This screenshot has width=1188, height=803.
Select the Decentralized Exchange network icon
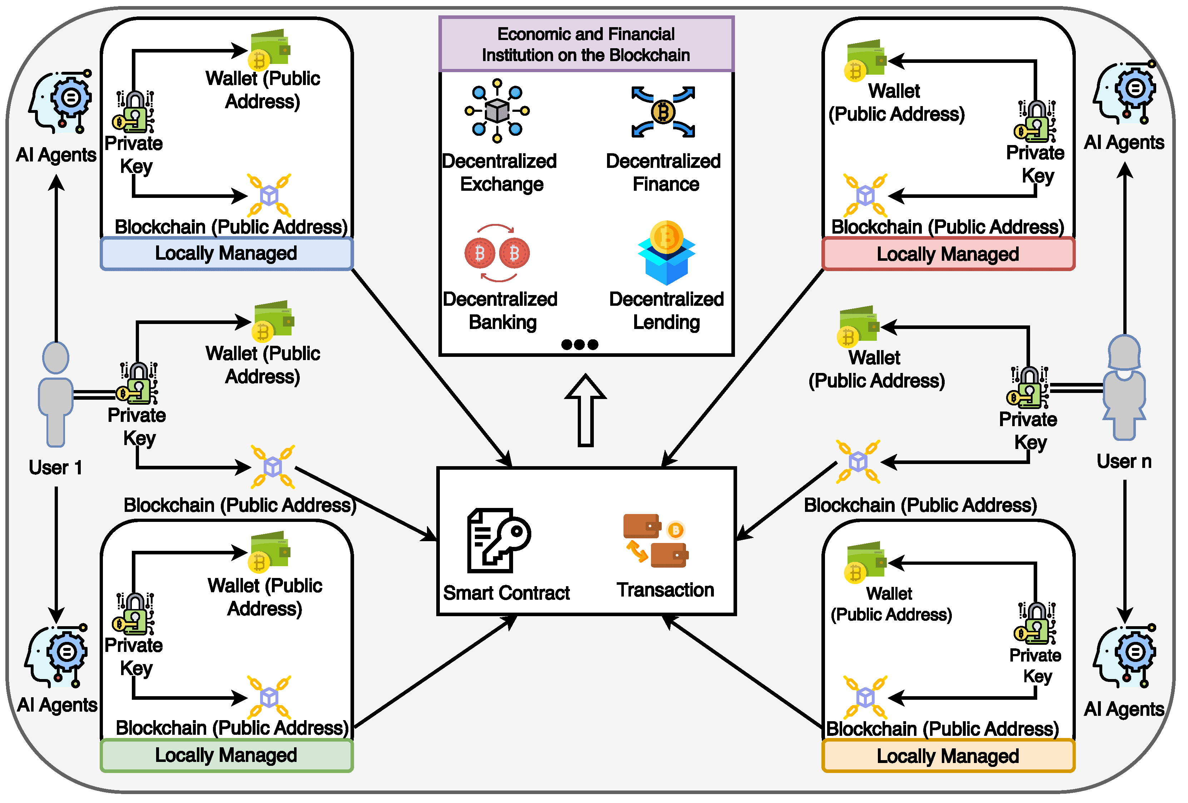pyautogui.click(x=497, y=110)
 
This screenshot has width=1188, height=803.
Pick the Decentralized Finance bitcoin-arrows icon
pyautogui.click(x=663, y=112)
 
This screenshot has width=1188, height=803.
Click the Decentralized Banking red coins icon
pyautogui.click(x=497, y=253)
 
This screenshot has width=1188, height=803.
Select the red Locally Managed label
pyautogui.click(x=948, y=254)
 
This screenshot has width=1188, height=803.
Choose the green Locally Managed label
pyautogui.click(x=227, y=755)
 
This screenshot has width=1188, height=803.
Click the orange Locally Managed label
pyautogui.click(x=948, y=756)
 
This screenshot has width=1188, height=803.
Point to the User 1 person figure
pyautogui.click(x=56, y=394)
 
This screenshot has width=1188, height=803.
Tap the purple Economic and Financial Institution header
pyautogui.click(x=586, y=44)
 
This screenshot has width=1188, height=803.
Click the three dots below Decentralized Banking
pyautogui.click(x=579, y=344)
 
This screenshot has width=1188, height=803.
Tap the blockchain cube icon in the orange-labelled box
pyautogui.click(x=865, y=697)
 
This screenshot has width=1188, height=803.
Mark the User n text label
pyautogui.click(x=1124, y=462)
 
